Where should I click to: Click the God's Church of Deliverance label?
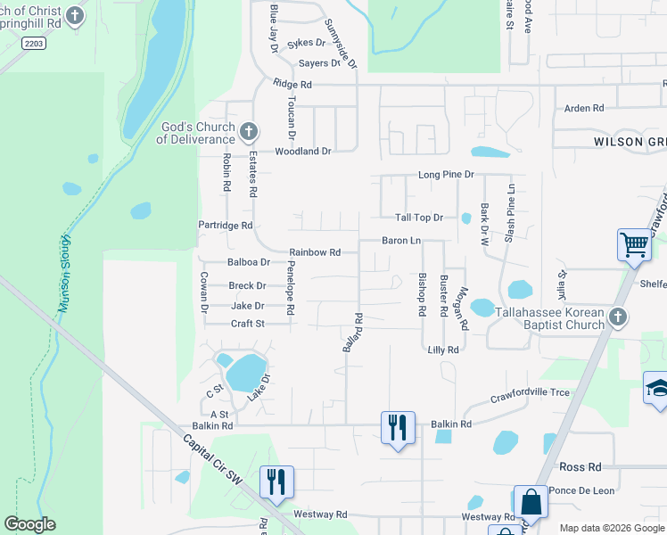(x=196, y=133)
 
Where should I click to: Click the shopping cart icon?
(x=633, y=243)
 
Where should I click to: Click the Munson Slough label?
(x=64, y=273)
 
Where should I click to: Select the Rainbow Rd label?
(x=315, y=252)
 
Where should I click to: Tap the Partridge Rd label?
(x=226, y=226)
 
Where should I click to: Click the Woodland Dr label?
(x=302, y=152)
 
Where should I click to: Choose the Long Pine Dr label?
(x=446, y=175)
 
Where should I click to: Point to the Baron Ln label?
(x=401, y=241)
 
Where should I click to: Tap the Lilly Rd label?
(x=442, y=350)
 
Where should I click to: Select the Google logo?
(x=30, y=524)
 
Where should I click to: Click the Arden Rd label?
(x=584, y=108)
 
